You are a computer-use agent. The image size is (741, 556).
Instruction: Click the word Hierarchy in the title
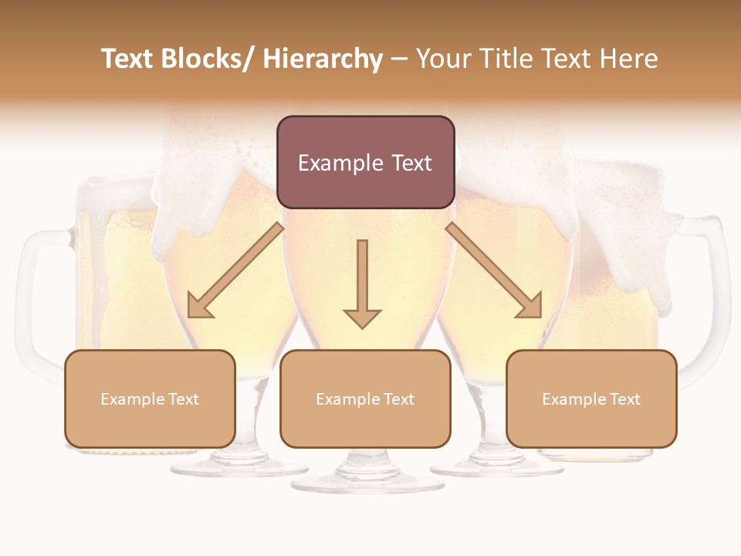(323, 59)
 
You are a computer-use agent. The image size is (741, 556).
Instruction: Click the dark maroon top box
(365, 162)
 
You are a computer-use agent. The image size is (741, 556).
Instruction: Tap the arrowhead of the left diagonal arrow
(199, 306)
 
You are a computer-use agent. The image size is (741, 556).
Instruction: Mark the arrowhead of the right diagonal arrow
(530, 306)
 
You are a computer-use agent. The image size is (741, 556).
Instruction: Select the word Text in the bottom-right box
(624, 399)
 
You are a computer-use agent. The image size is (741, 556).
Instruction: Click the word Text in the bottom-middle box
(398, 399)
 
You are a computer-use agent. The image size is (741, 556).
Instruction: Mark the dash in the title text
(399, 60)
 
